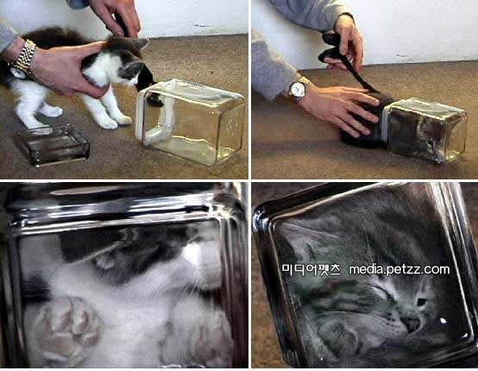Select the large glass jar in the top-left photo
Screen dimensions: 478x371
click(x=192, y=122)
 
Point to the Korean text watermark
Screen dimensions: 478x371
click(x=311, y=269)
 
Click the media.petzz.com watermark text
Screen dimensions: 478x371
click(x=399, y=269)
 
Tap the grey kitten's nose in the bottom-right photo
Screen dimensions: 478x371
click(x=410, y=323)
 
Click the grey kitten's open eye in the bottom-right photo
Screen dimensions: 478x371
click(x=422, y=302)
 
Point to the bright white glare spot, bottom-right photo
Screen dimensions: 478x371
click(x=443, y=321)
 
